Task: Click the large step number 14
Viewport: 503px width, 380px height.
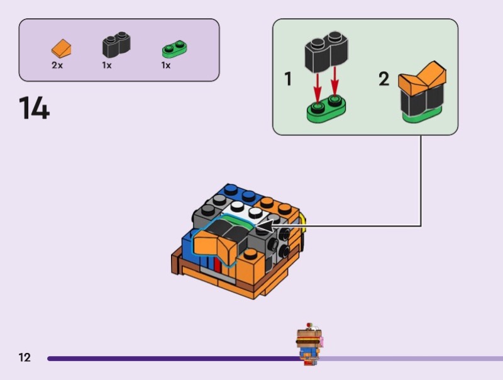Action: pos(34,108)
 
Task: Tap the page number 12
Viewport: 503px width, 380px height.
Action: pos(25,358)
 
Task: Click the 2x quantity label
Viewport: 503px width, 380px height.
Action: pos(57,65)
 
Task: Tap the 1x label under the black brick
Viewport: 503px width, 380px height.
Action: pos(107,65)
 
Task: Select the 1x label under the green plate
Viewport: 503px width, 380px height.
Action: pos(166,65)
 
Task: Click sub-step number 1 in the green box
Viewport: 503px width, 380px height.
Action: pos(288,80)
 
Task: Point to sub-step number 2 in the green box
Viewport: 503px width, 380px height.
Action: pos(384,80)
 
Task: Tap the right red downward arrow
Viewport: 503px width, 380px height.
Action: pos(335,80)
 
